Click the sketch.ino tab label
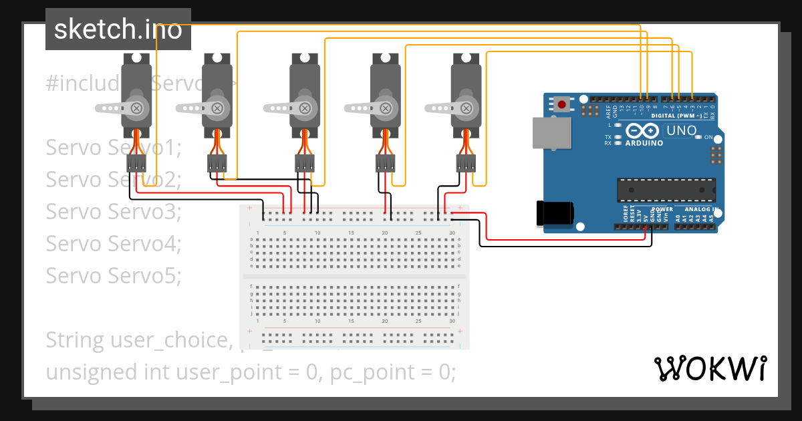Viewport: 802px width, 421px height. click(118, 29)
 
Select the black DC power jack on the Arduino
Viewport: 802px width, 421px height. click(555, 213)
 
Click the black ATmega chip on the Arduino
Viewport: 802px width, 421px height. click(665, 190)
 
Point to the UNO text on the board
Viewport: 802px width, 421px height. click(682, 131)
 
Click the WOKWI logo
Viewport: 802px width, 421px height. click(710, 368)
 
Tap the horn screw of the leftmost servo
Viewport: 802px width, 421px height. click(137, 107)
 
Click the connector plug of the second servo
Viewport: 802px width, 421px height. click(217, 163)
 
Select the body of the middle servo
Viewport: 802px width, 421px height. click(304, 94)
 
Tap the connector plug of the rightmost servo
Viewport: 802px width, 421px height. click(466, 163)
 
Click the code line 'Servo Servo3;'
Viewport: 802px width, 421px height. click(114, 211)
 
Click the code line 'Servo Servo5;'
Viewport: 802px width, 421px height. click(114, 275)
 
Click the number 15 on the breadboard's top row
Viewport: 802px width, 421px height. click(351, 233)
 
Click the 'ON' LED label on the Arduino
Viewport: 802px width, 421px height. click(708, 137)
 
